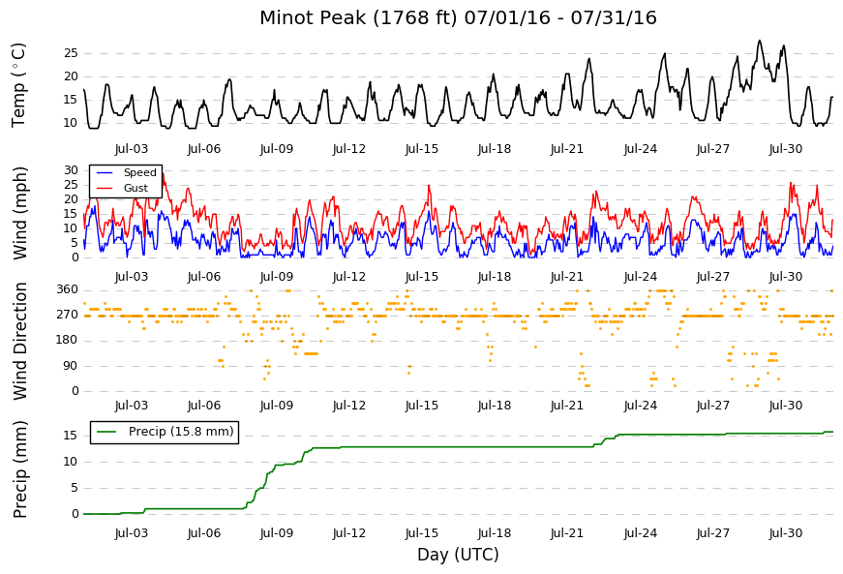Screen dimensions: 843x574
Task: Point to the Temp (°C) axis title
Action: point(18,85)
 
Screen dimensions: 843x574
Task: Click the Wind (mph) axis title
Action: point(19,213)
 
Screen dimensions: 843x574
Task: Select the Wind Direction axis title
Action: point(19,342)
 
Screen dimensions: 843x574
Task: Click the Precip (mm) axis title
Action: point(19,469)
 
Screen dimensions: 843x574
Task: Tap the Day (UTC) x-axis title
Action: point(458,554)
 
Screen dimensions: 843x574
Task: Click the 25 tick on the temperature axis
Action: point(71,53)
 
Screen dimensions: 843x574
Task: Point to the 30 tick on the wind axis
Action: point(71,169)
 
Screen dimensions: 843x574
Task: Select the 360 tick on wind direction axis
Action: point(68,289)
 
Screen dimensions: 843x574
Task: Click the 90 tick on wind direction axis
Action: point(71,366)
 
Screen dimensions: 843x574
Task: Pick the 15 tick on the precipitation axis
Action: point(71,436)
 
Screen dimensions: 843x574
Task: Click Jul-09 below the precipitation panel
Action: point(277,533)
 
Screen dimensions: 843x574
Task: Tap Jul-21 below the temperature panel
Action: point(566,149)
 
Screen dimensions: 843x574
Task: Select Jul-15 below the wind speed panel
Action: point(422,277)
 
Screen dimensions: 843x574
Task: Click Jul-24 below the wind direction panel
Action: point(641,406)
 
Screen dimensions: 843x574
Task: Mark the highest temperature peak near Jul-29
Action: point(759,41)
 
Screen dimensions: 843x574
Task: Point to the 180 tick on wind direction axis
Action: point(68,340)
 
